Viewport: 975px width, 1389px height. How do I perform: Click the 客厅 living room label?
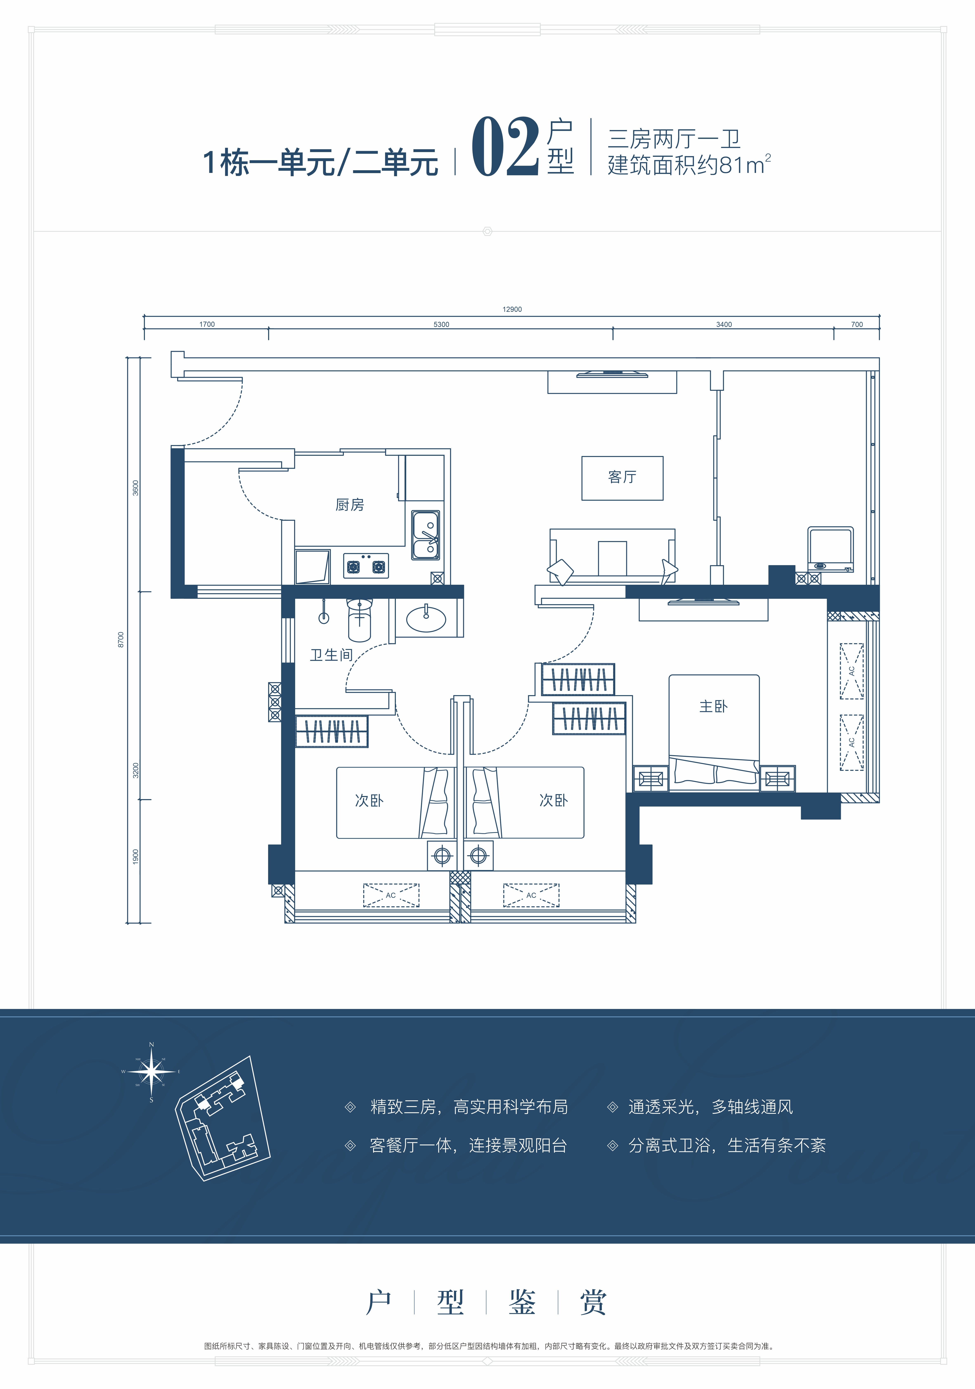(x=622, y=477)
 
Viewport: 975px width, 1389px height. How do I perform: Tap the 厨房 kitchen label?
(x=350, y=504)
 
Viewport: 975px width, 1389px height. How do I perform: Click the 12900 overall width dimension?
(x=512, y=309)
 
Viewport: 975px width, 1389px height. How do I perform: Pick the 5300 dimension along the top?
(x=441, y=324)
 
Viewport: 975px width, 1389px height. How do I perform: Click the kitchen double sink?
(x=426, y=535)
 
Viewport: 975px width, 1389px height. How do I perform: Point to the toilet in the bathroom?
(x=360, y=619)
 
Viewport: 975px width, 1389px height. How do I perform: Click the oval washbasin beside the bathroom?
(x=426, y=618)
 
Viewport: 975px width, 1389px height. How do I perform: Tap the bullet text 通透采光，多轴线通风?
(x=710, y=1107)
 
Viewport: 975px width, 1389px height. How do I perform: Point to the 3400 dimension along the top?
(x=724, y=324)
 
